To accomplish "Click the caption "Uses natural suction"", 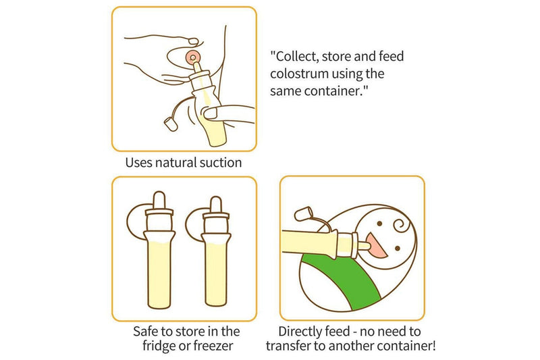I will click(184, 163).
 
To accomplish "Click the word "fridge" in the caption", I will click(163, 346).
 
